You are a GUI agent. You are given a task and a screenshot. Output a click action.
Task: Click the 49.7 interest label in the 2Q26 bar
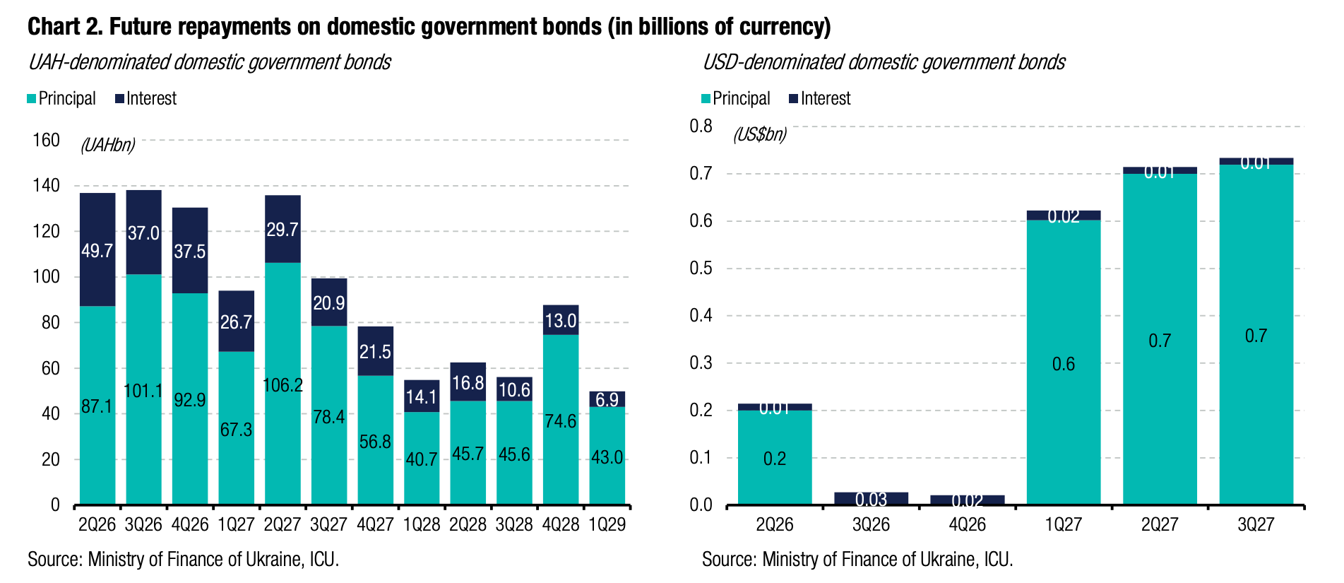(97, 251)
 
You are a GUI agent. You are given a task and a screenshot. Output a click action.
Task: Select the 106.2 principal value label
(283, 385)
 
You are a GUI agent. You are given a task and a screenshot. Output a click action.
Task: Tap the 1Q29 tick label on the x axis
(607, 525)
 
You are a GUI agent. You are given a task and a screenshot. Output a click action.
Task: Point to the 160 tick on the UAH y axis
(47, 140)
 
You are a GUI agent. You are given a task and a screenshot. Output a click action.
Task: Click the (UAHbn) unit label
(107, 146)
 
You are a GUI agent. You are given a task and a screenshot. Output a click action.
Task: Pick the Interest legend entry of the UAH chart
(146, 98)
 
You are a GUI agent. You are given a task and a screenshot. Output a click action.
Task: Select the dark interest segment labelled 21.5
(375, 351)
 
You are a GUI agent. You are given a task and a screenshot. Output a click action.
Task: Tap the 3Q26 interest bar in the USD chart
(871, 498)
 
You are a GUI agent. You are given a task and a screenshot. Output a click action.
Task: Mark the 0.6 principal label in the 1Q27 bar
(1064, 364)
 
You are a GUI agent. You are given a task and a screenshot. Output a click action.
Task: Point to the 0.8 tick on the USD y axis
(701, 126)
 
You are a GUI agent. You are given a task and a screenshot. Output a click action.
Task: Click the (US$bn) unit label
(759, 134)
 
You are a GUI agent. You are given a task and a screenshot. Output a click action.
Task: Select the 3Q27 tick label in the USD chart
(1256, 525)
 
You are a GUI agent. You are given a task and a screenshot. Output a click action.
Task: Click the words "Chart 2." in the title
(66, 27)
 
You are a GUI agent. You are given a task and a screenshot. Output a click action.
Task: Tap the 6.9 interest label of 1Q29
(607, 400)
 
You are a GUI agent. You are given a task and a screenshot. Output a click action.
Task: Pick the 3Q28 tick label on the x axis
(514, 525)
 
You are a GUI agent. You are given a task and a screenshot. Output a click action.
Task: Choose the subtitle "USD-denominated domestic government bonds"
(884, 62)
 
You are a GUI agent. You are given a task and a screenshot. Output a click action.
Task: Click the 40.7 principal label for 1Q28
(422, 459)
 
